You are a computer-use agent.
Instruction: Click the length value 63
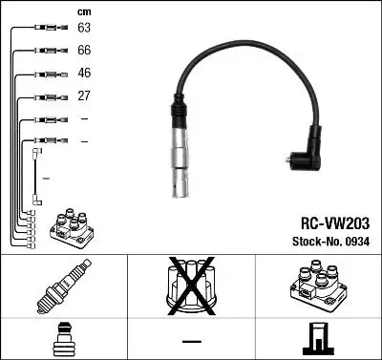tap(84, 29)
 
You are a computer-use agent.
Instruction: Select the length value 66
tap(84, 51)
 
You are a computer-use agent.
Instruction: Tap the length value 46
tap(84, 74)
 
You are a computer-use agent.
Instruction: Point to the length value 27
tap(84, 96)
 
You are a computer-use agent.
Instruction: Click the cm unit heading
tap(84, 11)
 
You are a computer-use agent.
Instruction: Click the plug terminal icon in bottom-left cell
tap(63, 339)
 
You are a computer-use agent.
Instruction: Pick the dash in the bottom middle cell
tap(191, 341)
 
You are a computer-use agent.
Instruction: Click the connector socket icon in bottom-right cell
tap(317, 339)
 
